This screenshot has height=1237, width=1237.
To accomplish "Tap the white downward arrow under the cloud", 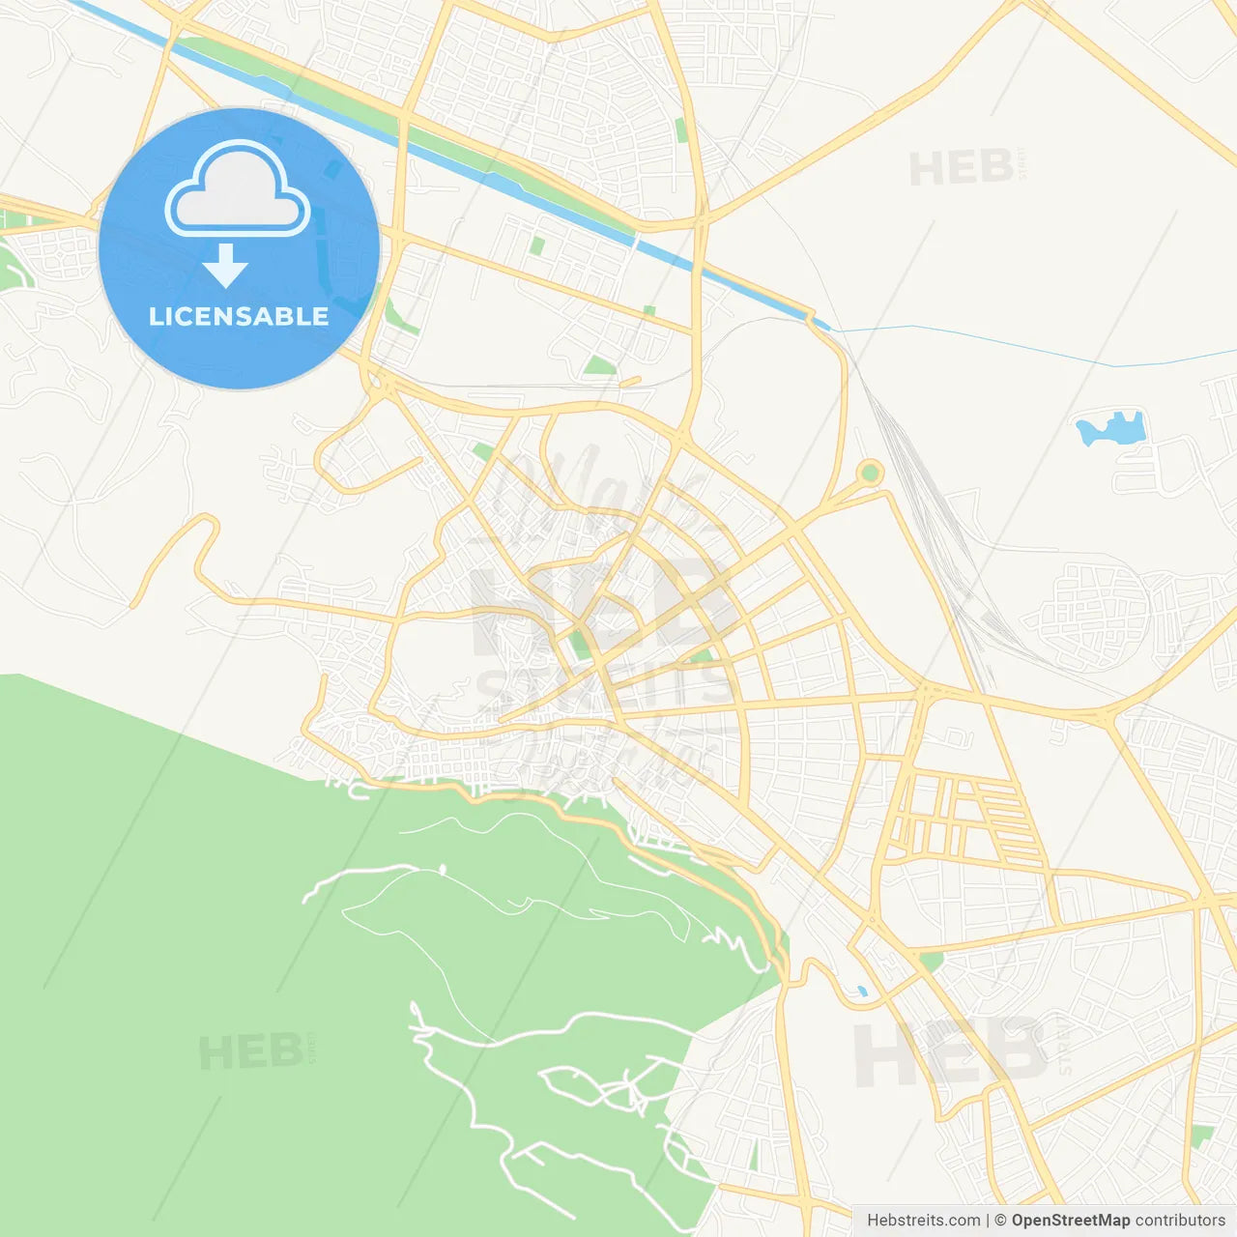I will point(225,266).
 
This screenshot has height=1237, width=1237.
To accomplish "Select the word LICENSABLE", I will point(239,316).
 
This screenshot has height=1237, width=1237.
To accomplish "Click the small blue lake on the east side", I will point(1111,428).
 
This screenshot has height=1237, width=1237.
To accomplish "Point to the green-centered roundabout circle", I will point(870,473).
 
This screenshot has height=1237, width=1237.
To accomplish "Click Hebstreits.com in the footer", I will point(923,1221).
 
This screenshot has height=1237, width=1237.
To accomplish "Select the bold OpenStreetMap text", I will point(1070,1221).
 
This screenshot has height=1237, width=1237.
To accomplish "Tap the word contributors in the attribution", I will point(1180,1221).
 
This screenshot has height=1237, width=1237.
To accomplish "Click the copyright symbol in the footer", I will point(1000,1221).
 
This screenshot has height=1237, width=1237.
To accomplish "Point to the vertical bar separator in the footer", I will point(989,1221).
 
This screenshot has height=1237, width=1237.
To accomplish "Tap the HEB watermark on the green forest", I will point(250,1051).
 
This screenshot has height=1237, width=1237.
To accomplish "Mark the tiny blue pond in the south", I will point(861,992).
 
